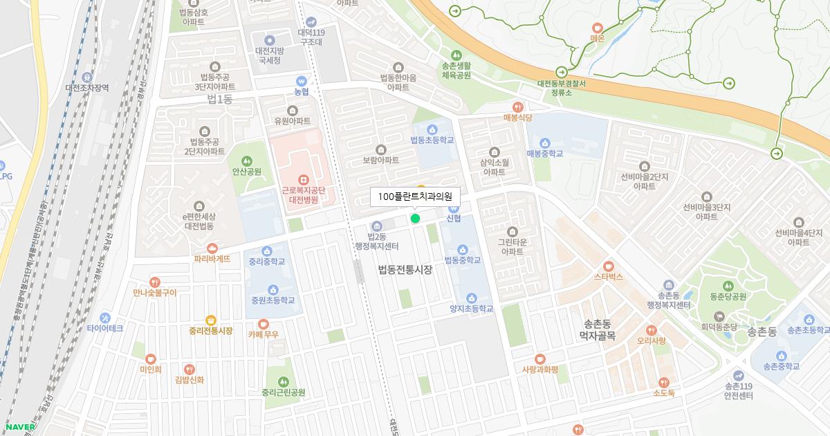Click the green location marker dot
click(415, 219)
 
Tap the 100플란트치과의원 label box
click(415, 197)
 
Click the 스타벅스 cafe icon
click(609, 266)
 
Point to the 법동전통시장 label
click(405, 270)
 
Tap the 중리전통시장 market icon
click(211, 320)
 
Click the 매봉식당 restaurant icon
click(517, 107)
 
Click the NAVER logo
click(20, 426)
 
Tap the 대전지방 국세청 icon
click(269, 40)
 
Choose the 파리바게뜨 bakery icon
click(212, 248)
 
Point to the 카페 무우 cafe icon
click(264, 323)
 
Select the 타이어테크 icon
click(105, 317)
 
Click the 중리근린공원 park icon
click(283, 381)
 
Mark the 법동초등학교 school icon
click(432, 129)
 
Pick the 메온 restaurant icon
click(598, 28)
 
